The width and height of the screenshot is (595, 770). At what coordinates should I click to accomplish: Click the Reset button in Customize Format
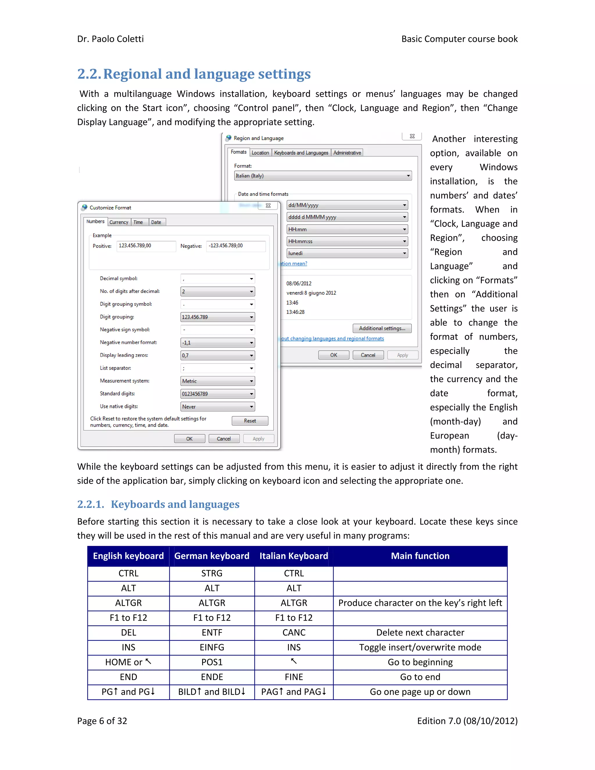coord(250,421)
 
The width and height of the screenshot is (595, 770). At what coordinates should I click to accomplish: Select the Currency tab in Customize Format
coord(119,222)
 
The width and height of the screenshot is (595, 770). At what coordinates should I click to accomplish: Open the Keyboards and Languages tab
coord(301,153)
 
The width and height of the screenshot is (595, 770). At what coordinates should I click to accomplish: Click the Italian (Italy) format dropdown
coord(322,176)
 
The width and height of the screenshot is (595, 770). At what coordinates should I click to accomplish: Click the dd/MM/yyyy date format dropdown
coord(347,205)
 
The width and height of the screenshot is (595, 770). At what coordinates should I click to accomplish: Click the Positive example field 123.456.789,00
coord(146,246)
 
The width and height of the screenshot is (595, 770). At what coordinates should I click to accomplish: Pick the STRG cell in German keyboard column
coord(212,573)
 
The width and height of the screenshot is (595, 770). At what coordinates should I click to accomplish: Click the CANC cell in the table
coord(294,633)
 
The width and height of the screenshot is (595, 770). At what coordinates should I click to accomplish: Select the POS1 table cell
coord(212,662)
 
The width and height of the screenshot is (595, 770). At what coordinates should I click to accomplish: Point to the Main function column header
coord(420,556)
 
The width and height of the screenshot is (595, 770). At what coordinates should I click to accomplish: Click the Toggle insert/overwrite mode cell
coord(420,647)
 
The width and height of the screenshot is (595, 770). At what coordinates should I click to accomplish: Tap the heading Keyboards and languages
coord(175,504)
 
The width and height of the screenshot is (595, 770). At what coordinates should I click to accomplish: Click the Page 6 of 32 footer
coord(102,721)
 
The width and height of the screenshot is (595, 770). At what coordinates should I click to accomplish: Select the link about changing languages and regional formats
coord(332,339)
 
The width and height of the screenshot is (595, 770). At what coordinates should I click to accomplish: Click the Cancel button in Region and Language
coord(368,355)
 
